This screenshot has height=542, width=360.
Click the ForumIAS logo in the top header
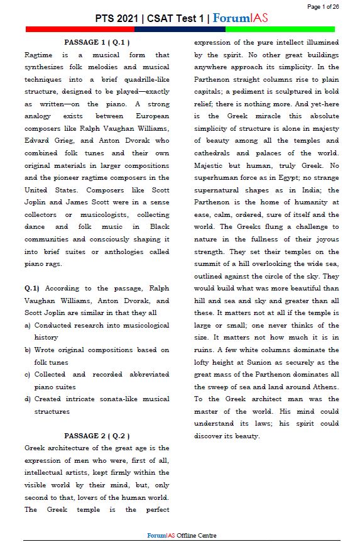[x=241, y=18]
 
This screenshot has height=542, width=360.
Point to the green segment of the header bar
[x=280, y=29]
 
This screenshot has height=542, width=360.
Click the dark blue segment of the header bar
[x=180, y=29]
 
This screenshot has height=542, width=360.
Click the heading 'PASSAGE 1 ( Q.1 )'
[x=97, y=42]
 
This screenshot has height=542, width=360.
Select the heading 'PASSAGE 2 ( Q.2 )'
[x=97, y=435]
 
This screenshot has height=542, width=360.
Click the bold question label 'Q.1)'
[x=32, y=288]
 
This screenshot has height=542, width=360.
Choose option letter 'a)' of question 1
[x=28, y=325]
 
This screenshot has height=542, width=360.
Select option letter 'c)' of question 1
[x=28, y=374]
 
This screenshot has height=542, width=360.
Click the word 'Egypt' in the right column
[x=302, y=177]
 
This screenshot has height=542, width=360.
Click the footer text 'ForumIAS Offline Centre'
[x=182, y=535]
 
